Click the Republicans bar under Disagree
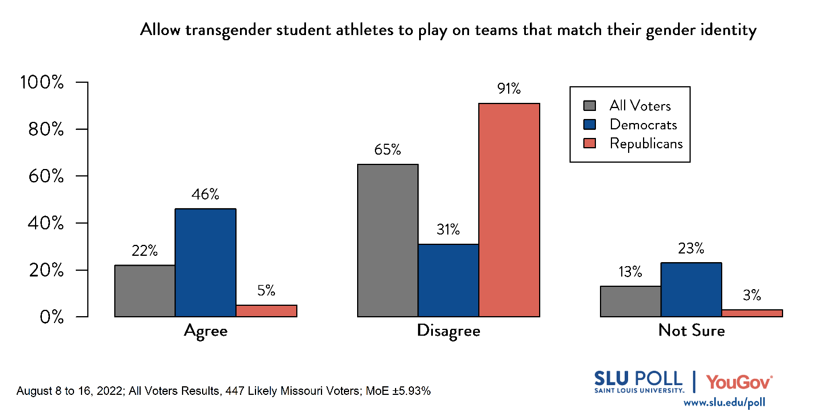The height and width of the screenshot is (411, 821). click(x=509, y=210)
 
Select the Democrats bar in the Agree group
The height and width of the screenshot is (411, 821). click(x=206, y=263)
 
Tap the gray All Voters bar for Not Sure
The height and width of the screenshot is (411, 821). click(x=630, y=301)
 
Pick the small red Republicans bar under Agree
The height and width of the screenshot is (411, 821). click(x=266, y=310)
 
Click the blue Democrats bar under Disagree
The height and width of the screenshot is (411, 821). click(x=448, y=281)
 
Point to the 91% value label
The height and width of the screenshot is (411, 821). click(x=509, y=89)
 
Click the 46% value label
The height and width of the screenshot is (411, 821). click(x=206, y=194)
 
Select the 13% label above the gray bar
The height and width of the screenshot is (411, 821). click(x=630, y=272)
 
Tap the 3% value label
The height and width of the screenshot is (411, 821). click(x=752, y=295)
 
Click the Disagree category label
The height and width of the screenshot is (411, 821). click(x=448, y=331)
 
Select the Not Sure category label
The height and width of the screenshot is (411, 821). click(x=691, y=331)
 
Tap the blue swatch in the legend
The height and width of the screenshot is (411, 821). click(x=590, y=125)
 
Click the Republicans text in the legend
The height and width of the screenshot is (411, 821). click(x=646, y=144)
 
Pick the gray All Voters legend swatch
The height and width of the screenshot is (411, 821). click(x=590, y=106)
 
